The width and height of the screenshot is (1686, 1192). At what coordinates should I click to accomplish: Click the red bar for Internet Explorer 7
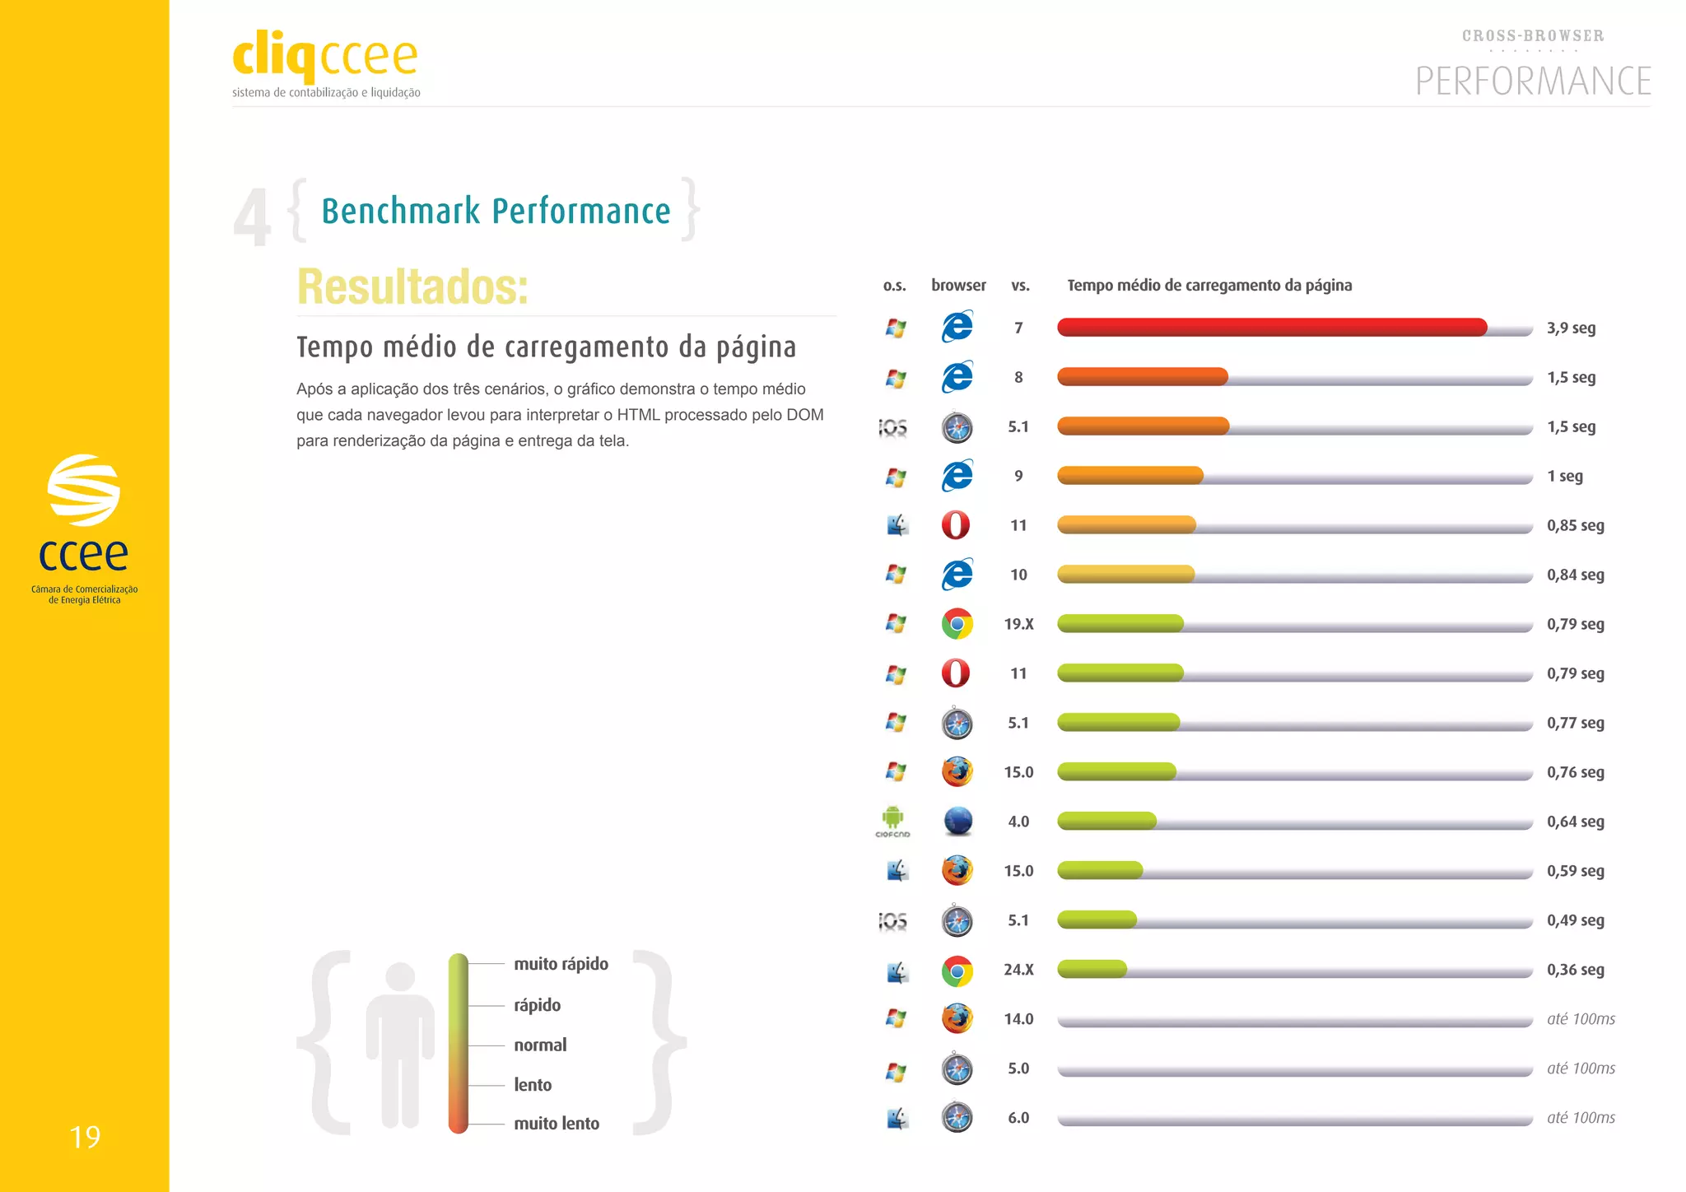[1271, 328]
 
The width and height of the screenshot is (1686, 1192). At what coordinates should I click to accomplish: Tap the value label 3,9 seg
[1571, 328]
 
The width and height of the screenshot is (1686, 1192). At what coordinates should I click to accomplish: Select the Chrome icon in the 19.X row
[957, 624]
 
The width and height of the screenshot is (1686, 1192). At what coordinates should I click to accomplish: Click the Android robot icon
[892, 817]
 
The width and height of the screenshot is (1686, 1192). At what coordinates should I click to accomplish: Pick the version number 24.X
[1018, 970]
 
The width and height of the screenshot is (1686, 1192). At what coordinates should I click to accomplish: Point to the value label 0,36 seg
[1575, 970]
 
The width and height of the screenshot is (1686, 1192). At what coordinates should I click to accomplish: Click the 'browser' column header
[958, 285]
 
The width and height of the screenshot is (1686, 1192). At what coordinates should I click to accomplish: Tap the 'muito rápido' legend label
[561, 964]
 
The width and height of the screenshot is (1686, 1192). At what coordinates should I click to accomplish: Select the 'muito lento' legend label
[557, 1124]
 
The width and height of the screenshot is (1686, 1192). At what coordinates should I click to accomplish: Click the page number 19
[85, 1138]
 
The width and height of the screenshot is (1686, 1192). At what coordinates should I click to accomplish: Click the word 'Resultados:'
[412, 286]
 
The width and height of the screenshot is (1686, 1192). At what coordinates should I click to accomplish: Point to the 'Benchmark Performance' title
[496, 212]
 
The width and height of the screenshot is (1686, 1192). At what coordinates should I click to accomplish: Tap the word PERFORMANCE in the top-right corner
[1533, 81]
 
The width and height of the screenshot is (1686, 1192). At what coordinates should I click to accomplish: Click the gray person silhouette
[400, 1044]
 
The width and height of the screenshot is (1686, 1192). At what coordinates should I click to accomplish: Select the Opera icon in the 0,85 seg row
[956, 525]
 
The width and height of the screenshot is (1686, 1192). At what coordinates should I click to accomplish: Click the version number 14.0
[1018, 1019]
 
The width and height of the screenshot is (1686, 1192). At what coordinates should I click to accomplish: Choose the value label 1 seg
[1564, 476]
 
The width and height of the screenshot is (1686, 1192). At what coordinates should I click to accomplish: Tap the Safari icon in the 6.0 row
[957, 1117]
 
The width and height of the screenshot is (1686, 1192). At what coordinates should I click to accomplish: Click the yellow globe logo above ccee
[84, 490]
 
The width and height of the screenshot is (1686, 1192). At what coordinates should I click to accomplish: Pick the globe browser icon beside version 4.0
[957, 821]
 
